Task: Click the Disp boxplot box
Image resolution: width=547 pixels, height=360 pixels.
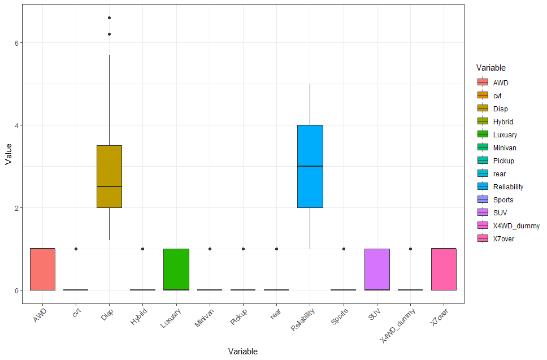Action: pyautogui.click(x=109, y=176)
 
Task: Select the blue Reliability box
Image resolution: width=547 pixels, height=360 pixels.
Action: pyautogui.click(x=310, y=166)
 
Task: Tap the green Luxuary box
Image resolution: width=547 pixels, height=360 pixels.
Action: pyautogui.click(x=176, y=269)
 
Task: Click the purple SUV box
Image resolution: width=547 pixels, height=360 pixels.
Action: pyautogui.click(x=377, y=269)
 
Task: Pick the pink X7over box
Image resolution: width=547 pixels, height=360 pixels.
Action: pyautogui.click(x=444, y=269)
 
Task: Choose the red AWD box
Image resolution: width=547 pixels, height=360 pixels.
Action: pyautogui.click(x=42, y=269)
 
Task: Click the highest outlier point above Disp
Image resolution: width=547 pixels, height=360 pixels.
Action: pyautogui.click(x=109, y=18)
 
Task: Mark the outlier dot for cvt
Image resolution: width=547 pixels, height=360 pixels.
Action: pyautogui.click(x=76, y=249)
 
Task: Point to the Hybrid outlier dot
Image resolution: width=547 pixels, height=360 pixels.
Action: pyautogui.click(x=143, y=249)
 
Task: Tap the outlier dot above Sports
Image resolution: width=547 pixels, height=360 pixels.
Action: pyautogui.click(x=344, y=249)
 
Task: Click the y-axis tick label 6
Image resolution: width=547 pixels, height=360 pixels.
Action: pyautogui.click(x=18, y=43)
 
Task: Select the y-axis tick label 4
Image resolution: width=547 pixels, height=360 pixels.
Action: pyautogui.click(x=18, y=125)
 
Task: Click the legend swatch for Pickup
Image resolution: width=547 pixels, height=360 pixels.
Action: pyautogui.click(x=483, y=161)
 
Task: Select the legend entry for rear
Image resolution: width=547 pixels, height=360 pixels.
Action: pyautogui.click(x=500, y=174)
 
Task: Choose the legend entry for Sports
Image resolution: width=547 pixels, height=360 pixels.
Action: pyautogui.click(x=503, y=199)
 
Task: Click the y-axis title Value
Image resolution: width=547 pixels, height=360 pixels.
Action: pyautogui.click(x=8, y=153)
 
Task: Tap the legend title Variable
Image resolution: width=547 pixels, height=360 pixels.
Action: pyautogui.click(x=490, y=68)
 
